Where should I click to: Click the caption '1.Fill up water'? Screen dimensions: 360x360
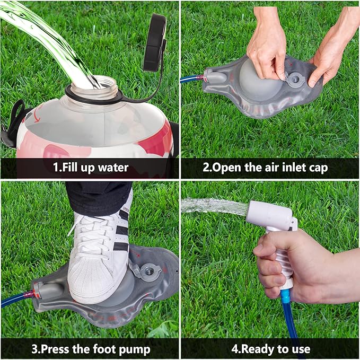pyautogui.click(x=90, y=168)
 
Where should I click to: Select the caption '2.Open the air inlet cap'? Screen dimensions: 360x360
pyautogui.click(x=270, y=168)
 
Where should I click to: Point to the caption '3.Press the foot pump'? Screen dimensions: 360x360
pyautogui.click(x=90, y=349)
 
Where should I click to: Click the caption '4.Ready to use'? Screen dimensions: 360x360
pyautogui.click(x=270, y=349)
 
